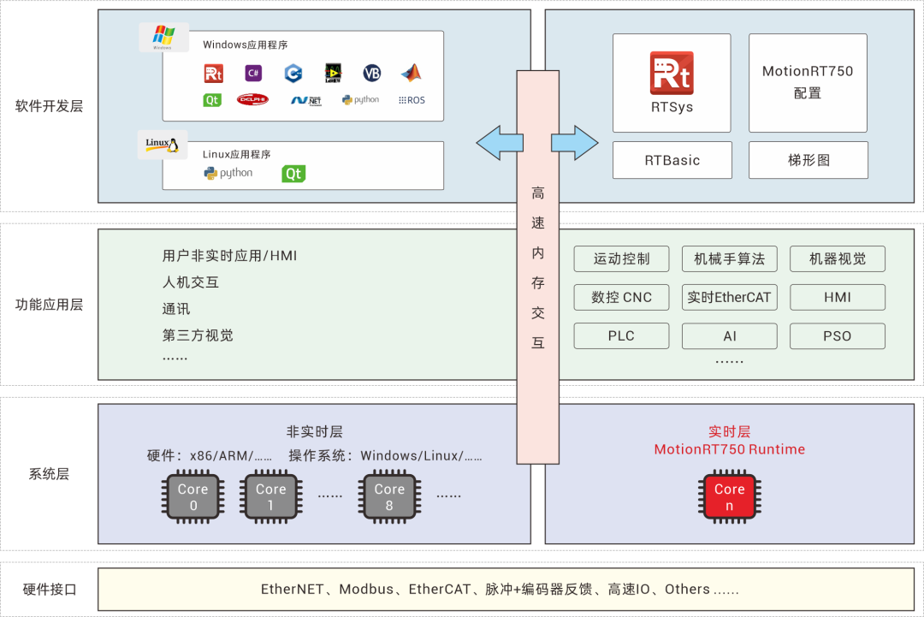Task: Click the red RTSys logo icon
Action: click(672, 73)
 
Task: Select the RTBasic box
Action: click(672, 160)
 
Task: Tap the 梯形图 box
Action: click(808, 160)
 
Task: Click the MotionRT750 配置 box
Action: click(808, 82)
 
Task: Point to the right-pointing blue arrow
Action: click(575, 142)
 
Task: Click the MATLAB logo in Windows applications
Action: click(411, 73)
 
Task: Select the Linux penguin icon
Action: click(163, 144)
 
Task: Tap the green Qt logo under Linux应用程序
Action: click(293, 174)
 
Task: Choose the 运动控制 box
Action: click(621, 258)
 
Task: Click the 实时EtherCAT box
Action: click(730, 297)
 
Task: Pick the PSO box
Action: click(837, 335)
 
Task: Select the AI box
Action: click(730, 335)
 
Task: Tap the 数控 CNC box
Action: click(621, 297)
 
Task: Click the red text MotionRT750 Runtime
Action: click(729, 449)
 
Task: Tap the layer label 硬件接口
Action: click(49, 590)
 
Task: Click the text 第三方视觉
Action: click(198, 335)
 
